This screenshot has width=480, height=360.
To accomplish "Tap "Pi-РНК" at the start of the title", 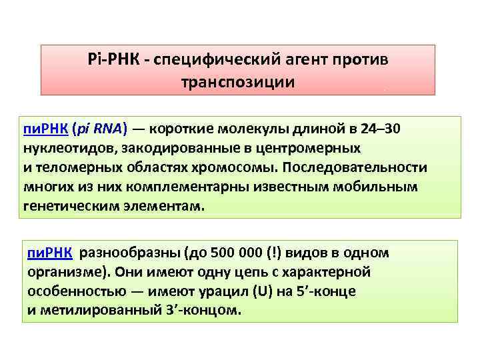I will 116,59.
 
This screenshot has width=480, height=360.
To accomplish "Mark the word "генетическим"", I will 63,207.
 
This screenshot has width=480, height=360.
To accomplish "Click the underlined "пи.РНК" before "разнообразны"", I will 50,253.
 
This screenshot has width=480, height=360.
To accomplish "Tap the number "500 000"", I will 232,253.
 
